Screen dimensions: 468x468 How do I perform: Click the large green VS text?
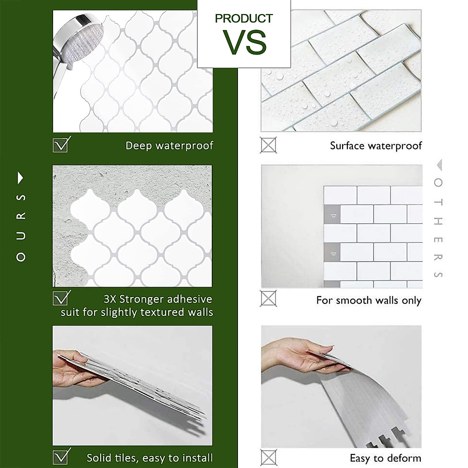[x=245, y=42]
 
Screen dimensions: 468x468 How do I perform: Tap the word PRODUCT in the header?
[x=244, y=18]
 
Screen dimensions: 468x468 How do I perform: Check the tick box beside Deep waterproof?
[x=61, y=144]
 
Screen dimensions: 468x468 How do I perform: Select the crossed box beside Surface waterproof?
[x=268, y=145]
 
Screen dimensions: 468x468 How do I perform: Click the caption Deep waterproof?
[x=169, y=145]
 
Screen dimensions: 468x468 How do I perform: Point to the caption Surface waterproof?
[x=376, y=145]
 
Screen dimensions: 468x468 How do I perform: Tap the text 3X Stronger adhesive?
[x=158, y=299]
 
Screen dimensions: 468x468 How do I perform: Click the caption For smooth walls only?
[x=369, y=300]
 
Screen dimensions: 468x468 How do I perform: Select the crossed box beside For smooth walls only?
[x=268, y=299]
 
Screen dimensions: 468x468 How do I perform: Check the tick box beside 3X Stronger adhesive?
[x=61, y=298]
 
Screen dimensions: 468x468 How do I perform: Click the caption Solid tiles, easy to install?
[x=150, y=457]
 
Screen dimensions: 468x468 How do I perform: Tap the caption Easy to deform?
[x=385, y=458]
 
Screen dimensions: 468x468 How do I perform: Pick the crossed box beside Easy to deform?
[x=268, y=457]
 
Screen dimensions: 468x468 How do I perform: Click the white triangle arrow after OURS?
[x=21, y=178]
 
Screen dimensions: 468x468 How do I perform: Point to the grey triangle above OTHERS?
[x=439, y=165]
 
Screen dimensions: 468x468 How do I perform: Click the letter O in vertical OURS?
[x=21, y=257]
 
